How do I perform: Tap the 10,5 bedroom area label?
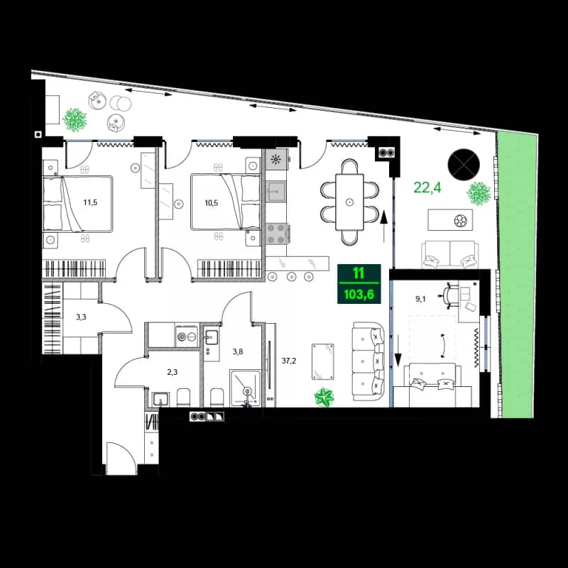coord(212,202)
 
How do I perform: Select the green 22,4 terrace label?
coord(428,187)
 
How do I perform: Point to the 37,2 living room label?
coord(289,361)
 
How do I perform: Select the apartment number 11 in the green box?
coord(359,273)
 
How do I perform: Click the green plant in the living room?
coord(325,398)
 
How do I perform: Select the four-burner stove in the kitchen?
coord(275,234)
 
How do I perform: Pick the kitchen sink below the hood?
coord(275,190)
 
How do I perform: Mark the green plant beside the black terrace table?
coord(479,192)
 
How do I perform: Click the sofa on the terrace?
coord(449,254)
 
